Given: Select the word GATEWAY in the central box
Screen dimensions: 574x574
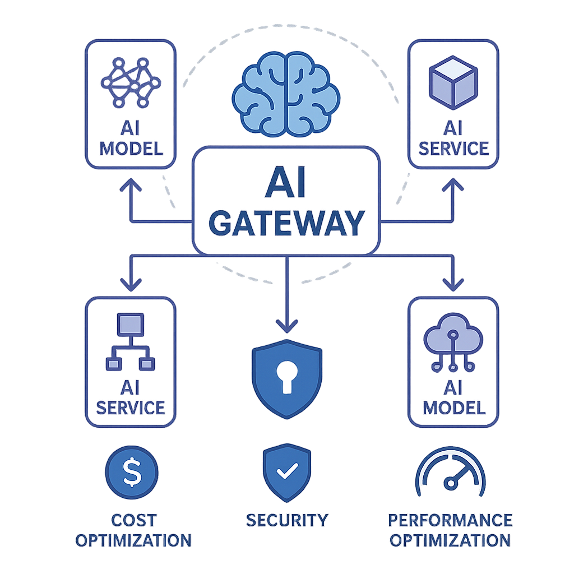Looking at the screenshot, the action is pos(286,223).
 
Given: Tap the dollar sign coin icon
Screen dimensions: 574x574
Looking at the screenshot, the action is pos(132,472).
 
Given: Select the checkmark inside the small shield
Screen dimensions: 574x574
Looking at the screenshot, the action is pos(287,472).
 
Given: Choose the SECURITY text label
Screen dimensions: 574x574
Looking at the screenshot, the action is pos(287,520).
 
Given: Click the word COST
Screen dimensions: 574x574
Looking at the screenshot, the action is pos(133,520).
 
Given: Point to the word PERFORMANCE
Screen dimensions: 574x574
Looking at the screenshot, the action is pos(450,520).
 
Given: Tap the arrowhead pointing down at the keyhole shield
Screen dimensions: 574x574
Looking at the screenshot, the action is pos(287,325).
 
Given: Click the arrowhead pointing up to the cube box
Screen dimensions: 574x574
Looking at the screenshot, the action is pos(453,184).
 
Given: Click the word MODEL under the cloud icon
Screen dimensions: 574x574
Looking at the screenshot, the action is pos(454,407).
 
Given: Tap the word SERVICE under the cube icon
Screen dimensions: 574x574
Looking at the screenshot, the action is pos(454,148).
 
